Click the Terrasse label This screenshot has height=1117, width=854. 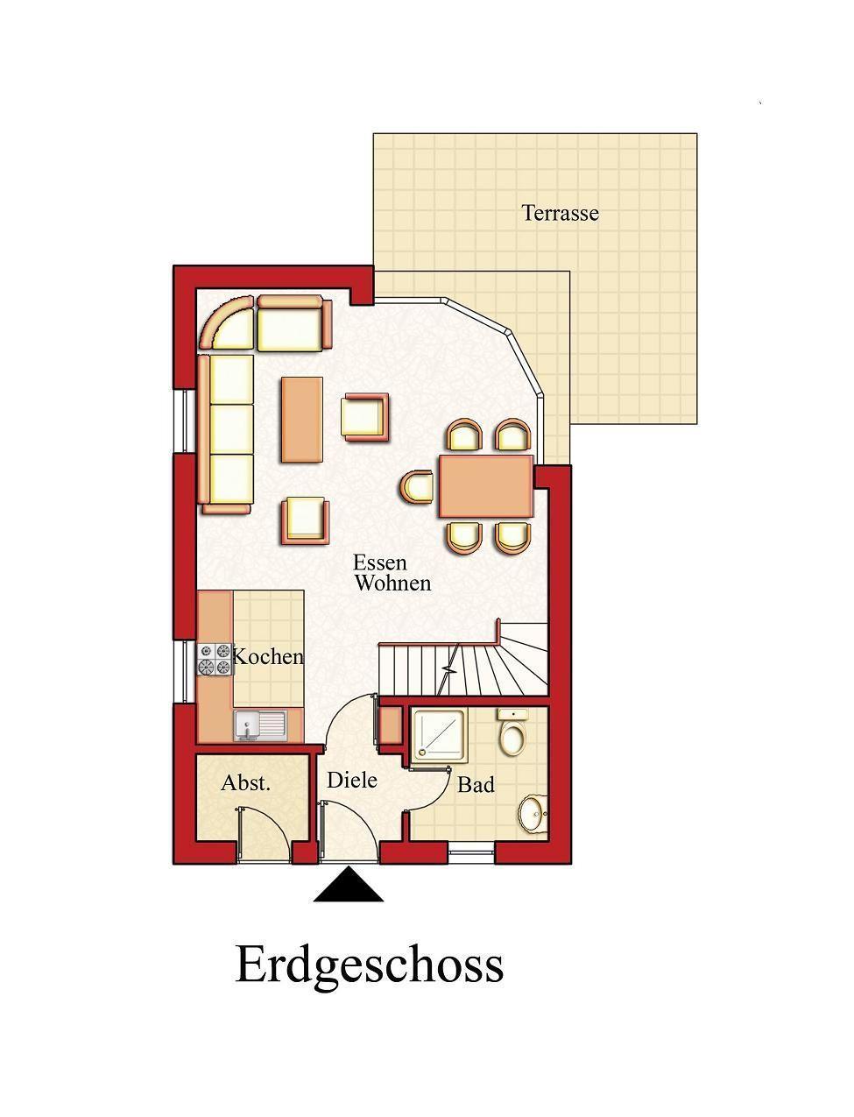(x=560, y=213)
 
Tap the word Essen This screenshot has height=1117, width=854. (x=380, y=562)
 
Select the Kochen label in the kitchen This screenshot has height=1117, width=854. (x=269, y=656)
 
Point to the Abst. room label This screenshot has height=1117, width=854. (x=245, y=783)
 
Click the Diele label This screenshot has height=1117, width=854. (x=352, y=780)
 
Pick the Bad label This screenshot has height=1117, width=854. (x=476, y=785)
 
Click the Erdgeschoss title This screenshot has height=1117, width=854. (x=370, y=965)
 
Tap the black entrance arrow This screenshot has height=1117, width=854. (x=349, y=885)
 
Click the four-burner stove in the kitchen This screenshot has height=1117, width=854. (x=215, y=660)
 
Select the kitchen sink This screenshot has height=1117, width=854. (x=260, y=725)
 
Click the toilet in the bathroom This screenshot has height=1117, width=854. (x=512, y=731)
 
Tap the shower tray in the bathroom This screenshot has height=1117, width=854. (x=440, y=735)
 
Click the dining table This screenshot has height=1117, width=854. (x=486, y=486)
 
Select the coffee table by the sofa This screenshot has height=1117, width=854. (x=302, y=420)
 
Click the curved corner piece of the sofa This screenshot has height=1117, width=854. (x=227, y=322)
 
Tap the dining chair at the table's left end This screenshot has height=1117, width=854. (x=417, y=486)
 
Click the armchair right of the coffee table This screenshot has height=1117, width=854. (x=364, y=417)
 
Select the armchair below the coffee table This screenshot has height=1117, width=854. (x=305, y=520)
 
